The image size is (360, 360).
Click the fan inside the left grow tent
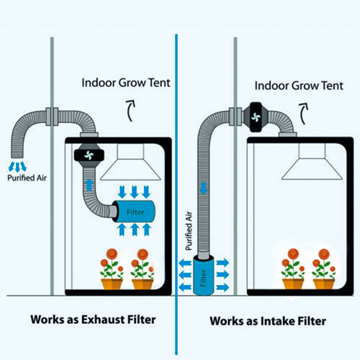pyautogui.click(x=89, y=155)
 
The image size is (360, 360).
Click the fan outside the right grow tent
pyautogui.click(x=256, y=117)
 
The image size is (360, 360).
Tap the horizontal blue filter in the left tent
pyautogui.click(x=135, y=211)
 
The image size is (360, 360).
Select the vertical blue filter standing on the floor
pyautogui.click(x=204, y=276)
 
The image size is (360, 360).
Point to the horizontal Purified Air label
pyautogui.click(x=27, y=178)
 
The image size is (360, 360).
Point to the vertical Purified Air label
pyautogui.click(x=188, y=231)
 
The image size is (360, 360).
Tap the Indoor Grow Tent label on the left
pyautogui.click(x=126, y=82)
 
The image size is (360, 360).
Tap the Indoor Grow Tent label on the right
pyautogui.click(x=299, y=86)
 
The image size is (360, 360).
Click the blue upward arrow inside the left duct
pyautogui.click(x=89, y=185)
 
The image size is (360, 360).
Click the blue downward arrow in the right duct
pyautogui.click(x=204, y=188)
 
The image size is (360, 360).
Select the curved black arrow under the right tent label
pyautogui.click(x=304, y=113)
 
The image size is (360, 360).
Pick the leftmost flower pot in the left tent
pyautogui.click(x=112, y=284)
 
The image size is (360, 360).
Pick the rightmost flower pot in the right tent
pyautogui.click(x=324, y=284)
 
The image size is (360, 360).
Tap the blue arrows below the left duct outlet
pyautogui.click(x=18, y=167)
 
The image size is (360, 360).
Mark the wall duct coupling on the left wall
pyautogui.click(x=52, y=116)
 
